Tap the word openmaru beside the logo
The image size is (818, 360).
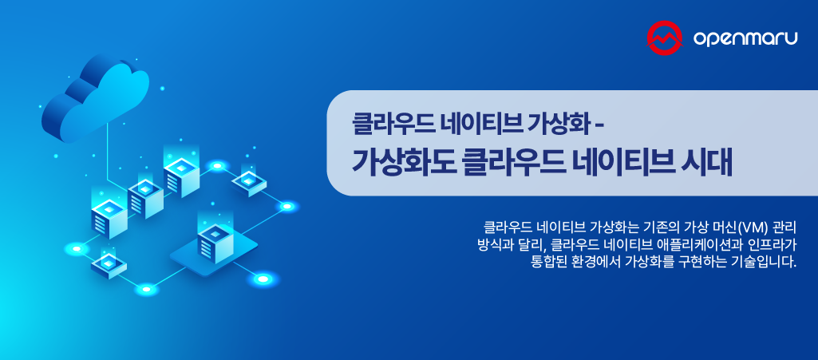tap(745, 38)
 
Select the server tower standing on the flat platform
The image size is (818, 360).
tap(214, 241)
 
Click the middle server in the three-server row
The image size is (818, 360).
tap(145, 197)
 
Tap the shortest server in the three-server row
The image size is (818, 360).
tap(109, 215)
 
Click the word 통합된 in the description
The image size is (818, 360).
tap(550, 262)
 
